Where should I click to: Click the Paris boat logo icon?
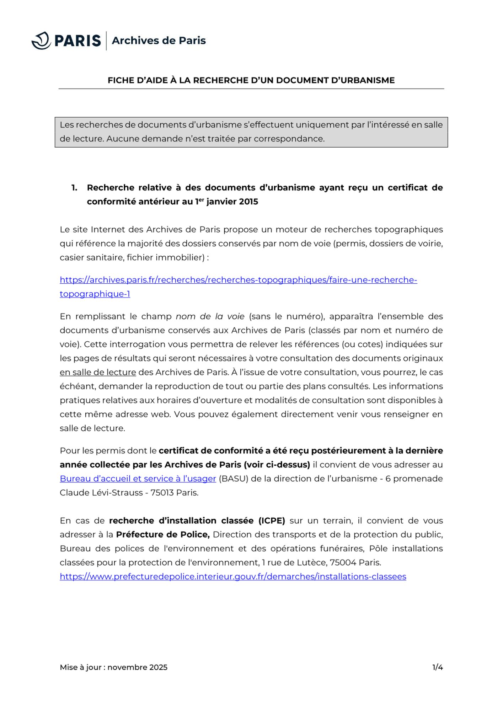coord(41,41)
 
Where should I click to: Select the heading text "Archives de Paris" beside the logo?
coord(159,41)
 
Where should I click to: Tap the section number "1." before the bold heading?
coord(74,188)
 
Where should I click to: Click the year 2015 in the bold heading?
coord(248,202)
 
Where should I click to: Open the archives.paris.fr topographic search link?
coord(238,280)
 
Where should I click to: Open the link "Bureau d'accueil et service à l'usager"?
coord(138,479)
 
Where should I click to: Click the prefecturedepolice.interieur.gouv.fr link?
coord(233,577)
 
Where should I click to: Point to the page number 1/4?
coord(437,667)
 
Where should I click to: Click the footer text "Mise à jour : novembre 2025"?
coord(113,667)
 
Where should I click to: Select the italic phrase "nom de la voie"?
coord(210,316)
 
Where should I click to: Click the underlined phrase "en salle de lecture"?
coord(98,372)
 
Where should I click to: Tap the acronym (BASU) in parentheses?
coord(233,479)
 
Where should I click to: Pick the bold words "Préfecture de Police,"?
coord(163,535)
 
